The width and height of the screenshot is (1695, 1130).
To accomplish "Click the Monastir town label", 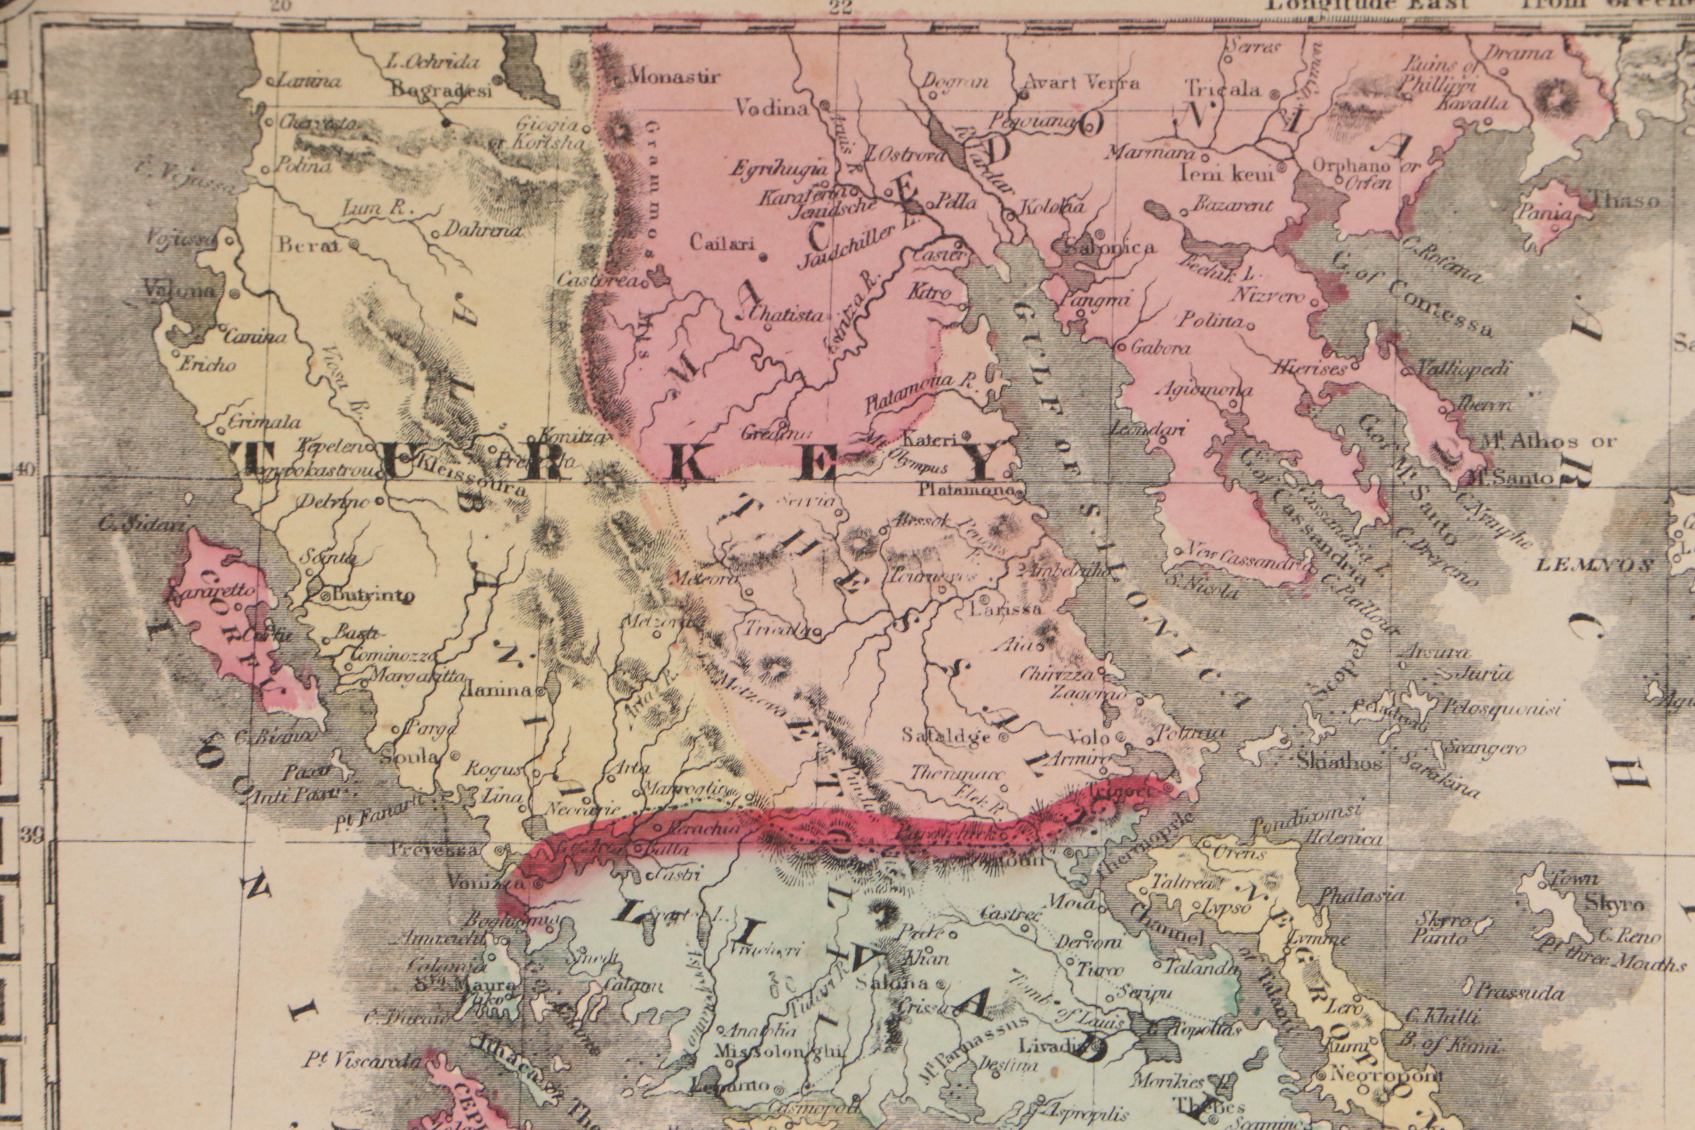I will click(674, 77).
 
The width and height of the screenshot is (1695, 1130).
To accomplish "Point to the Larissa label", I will click(1006, 609).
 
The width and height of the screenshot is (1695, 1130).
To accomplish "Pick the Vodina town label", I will click(770, 109).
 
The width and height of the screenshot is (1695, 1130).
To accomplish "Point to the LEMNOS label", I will click(1595, 565).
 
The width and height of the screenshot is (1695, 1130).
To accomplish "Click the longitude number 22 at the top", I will click(841, 7).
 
